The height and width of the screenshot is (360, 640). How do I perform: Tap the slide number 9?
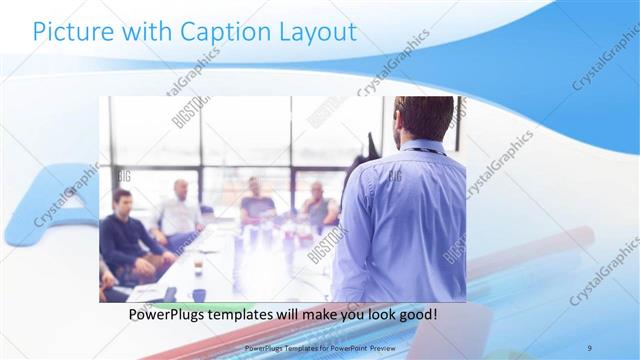pyautogui.click(x=589, y=347)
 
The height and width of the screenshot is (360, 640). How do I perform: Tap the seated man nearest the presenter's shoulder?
pyautogui.click(x=319, y=206)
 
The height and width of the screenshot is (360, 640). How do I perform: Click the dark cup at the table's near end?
pyautogui.click(x=199, y=294)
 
